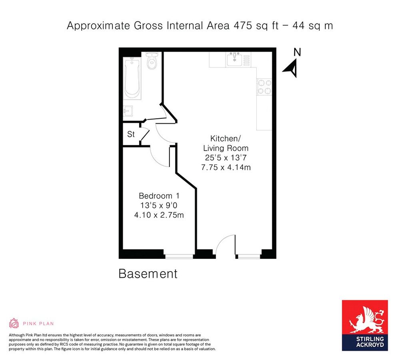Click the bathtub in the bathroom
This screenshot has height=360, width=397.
point(132,78)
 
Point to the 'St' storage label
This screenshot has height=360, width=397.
point(131,134)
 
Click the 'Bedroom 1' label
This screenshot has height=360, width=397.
point(159,196)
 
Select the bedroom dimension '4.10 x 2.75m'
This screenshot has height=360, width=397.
point(159,215)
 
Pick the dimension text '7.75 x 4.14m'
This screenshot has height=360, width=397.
point(226,167)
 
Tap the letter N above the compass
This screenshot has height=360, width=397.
point(297,52)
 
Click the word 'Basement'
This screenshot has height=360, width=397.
point(148,274)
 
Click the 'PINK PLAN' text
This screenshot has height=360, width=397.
point(38,323)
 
